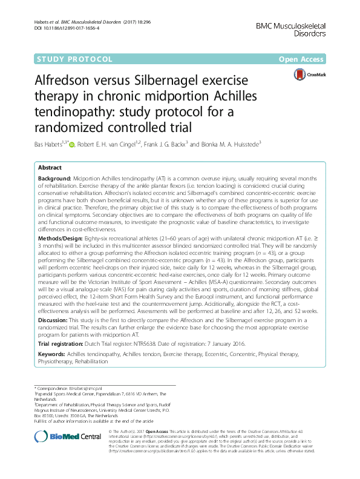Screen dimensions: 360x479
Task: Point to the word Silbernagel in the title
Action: [x=180, y=81]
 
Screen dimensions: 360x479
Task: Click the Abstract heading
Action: [x=51, y=168]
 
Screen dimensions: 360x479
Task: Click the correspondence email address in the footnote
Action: [x=84, y=387]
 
